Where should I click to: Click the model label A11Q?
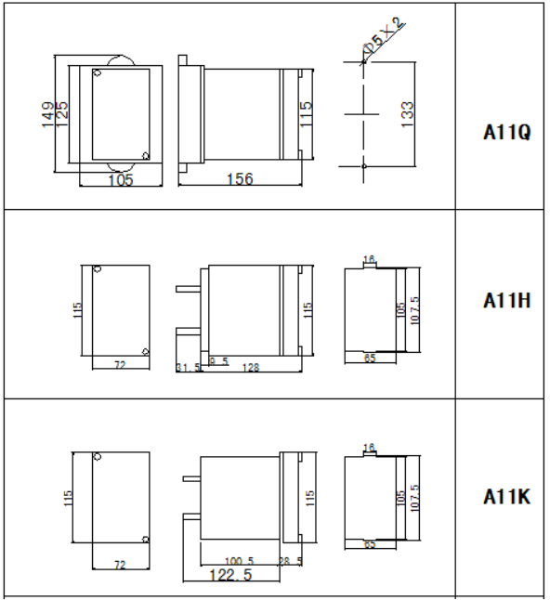(x=506, y=132)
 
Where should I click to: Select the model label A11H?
(x=506, y=301)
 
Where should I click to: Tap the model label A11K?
(x=506, y=498)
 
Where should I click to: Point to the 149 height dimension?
(x=48, y=115)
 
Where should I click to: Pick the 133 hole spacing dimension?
(x=407, y=114)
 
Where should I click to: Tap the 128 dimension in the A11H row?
(x=251, y=368)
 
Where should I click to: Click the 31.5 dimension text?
(x=190, y=368)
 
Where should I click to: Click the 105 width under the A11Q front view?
(x=120, y=180)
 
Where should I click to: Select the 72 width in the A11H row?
(x=120, y=366)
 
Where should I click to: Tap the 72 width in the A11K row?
(x=120, y=564)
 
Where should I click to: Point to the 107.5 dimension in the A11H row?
(x=415, y=310)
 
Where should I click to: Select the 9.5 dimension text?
(x=219, y=360)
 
